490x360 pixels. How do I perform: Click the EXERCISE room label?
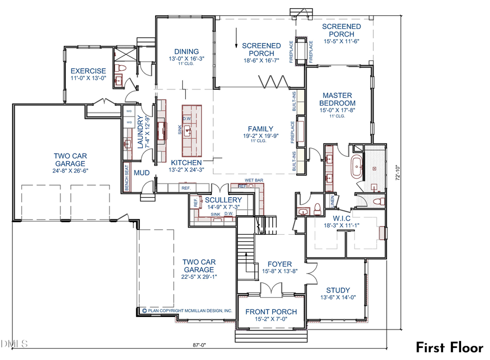(88, 71)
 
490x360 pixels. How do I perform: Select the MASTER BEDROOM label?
(338, 99)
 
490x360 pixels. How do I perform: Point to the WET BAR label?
(254, 180)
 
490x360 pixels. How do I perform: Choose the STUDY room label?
(338, 290)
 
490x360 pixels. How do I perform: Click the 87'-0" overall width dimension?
(200, 345)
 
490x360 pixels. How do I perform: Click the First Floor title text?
(450, 347)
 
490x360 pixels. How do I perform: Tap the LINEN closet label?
(332, 202)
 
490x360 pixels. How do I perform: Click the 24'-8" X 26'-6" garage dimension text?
(69, 170)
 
